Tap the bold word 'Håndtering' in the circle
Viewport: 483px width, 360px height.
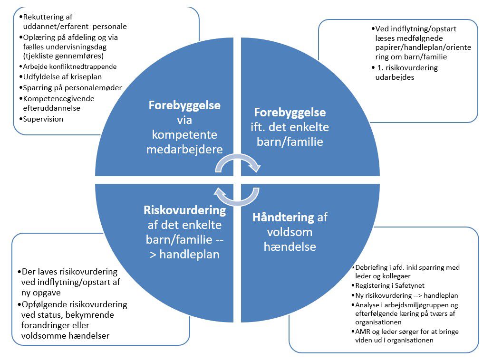(x=283, y=218)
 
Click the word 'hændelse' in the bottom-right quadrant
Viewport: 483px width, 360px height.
(x=290, y=247)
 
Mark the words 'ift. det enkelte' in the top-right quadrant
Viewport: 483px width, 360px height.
(x=290, y=127)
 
